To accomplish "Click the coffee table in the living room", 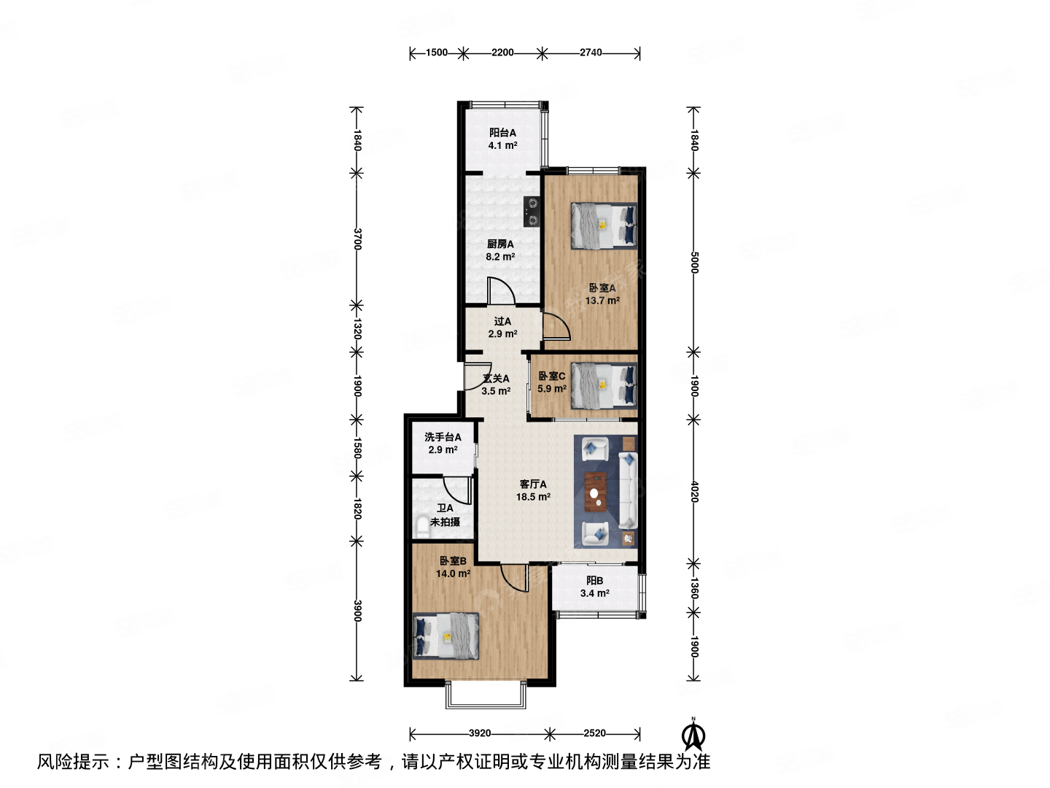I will coord(596,490).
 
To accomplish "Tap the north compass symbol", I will coord(693,735).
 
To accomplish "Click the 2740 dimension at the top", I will coord(591,53).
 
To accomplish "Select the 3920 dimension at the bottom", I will coord(479,733).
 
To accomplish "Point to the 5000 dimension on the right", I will coord(694,263).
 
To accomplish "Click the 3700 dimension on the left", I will coord(357,239).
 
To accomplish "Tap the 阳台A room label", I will coord(502,133).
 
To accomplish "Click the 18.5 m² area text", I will coord(533,497).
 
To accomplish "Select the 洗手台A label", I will coord(443,437).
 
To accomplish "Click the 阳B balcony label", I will coord(594,581).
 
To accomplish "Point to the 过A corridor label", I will coord(502,321).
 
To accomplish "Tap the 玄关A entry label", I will coord(496,379).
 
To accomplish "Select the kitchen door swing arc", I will coord(501,291).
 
